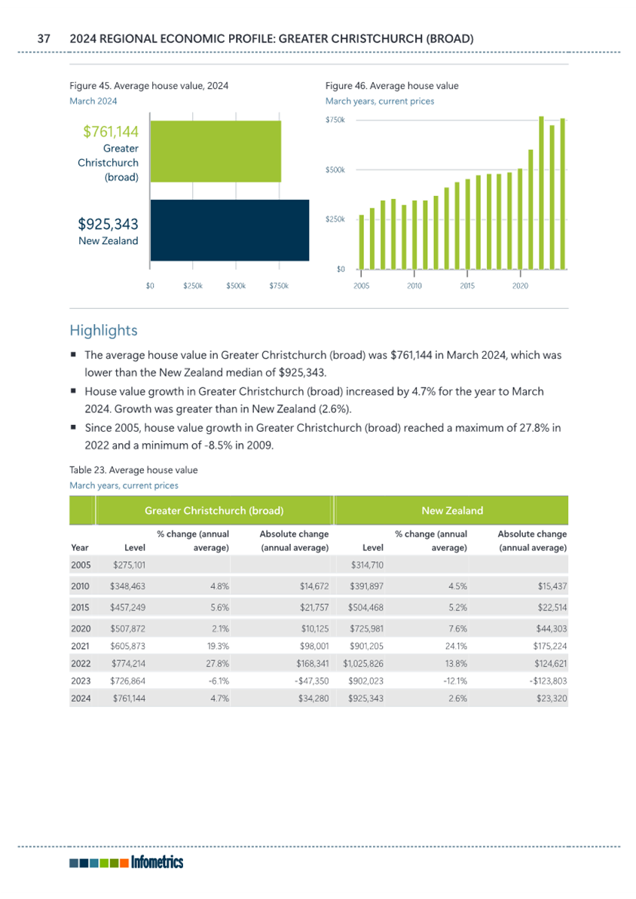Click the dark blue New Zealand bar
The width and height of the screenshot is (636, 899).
coord(229,230)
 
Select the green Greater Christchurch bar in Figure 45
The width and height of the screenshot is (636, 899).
coord(216,151)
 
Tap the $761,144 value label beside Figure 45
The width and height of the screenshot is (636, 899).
coord(111,131)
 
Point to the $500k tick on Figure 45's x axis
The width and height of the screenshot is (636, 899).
coord(236,286)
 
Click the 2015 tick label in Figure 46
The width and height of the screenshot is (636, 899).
coord(466,286)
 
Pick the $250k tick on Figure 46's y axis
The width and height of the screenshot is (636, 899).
coord(335,219)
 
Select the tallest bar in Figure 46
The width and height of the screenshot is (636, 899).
coord(541,193)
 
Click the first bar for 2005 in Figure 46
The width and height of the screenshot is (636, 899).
coord(361,242)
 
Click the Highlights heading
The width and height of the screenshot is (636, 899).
coord(104,330)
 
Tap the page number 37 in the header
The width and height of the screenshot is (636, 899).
coord(44,39)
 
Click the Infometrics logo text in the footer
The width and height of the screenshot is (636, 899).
coord(157,862)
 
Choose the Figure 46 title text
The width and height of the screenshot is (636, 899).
coord(392,86)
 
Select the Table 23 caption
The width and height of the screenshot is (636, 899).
coord(133,470)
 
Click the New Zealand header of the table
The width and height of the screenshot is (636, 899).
coord(452,510)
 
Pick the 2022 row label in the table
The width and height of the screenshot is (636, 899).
coord(81,663)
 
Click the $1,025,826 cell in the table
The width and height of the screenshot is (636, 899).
coord(363,663)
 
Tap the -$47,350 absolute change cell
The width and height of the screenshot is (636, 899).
coord(310,681)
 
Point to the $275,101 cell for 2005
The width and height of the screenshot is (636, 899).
coord(129,564)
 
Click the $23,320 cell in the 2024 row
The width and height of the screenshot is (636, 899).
coord(551,699)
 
